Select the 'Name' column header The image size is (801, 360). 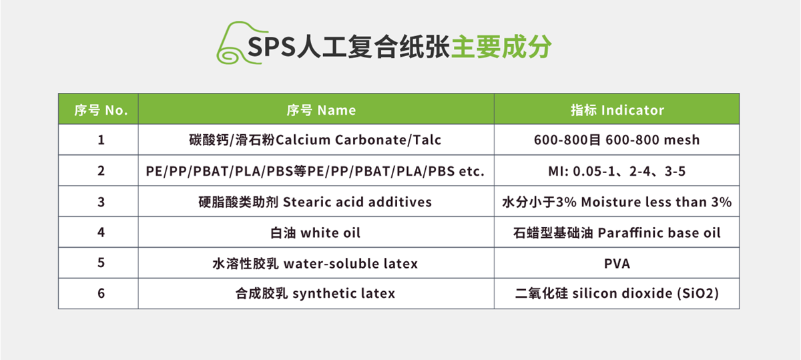316,109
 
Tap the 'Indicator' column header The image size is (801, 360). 617,109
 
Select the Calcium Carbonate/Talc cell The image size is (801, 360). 316,140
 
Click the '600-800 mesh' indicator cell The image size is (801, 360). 617,140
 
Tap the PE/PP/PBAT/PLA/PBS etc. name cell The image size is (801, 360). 316,170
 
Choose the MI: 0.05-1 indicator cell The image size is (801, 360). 617,170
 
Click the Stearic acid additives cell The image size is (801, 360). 316,201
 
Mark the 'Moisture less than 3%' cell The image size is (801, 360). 617,201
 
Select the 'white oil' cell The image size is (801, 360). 316,232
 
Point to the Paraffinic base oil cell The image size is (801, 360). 617,232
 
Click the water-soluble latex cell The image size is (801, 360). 316,262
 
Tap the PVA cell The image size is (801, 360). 617,262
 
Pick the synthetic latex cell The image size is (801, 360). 316,293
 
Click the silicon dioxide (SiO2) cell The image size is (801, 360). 617,293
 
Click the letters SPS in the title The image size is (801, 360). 272,47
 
